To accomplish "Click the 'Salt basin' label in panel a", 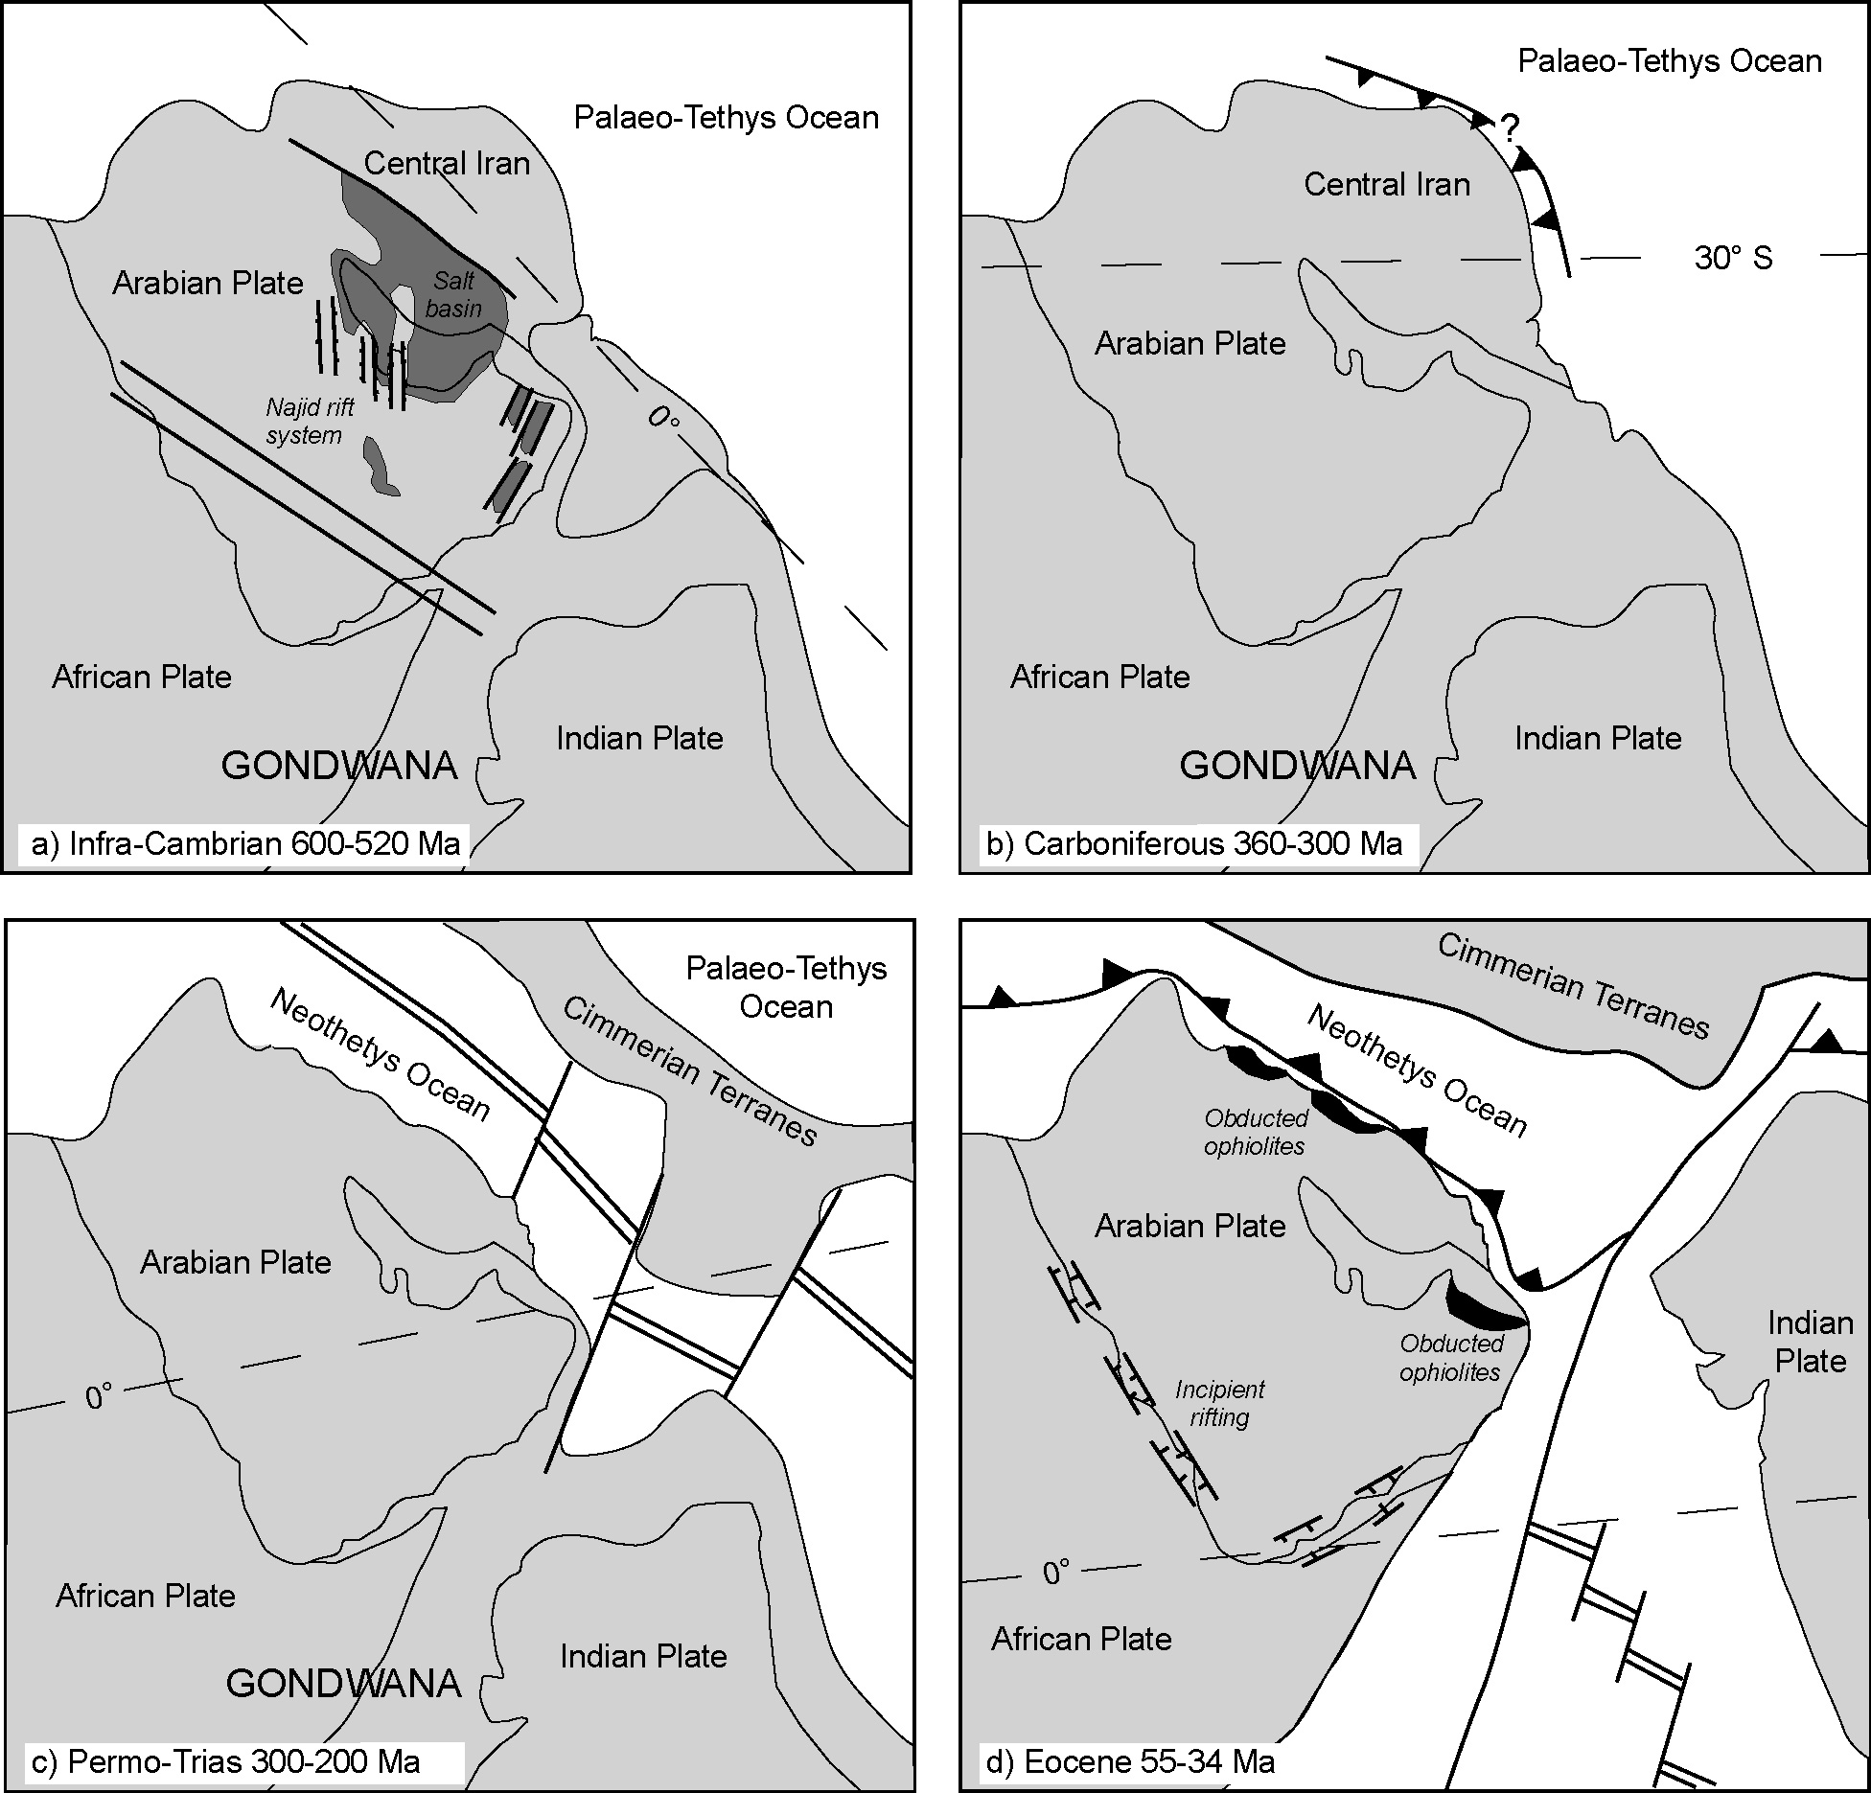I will coord(453,294).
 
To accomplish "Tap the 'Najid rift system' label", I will coord(309,422).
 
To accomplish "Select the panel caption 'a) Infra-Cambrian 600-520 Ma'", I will coord(245,844).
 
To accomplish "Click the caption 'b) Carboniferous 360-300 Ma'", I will coord(1193,844).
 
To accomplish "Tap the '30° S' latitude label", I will coord(1733,258).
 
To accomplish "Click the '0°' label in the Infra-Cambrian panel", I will coord(662,418).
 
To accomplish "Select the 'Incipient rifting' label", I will coord(1219,1403).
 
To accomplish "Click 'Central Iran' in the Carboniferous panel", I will coord(1386,184).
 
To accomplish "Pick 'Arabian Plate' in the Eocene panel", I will coord(1190,1226).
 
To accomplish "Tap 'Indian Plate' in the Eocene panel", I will coord(1810,1342).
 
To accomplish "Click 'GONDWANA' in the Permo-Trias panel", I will coord(343,1684).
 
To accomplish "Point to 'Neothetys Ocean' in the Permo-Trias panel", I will coord(381,1055).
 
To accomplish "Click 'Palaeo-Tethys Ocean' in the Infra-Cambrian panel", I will coord(726,117).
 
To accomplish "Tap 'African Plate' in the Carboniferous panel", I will coord(1099,678).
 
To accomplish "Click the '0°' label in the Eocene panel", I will coord(1055,1573).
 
